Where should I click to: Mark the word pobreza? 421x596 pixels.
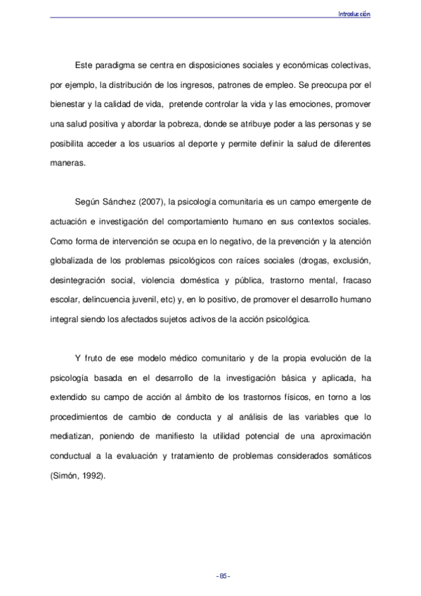(x=178, y=124)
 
